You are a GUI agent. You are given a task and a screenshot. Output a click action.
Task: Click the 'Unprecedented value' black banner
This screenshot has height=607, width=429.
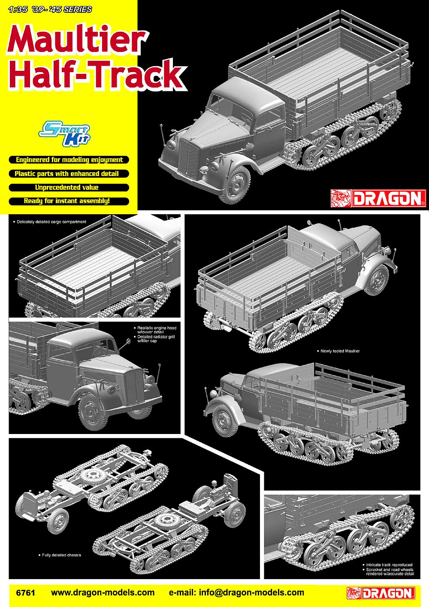coord(69,188)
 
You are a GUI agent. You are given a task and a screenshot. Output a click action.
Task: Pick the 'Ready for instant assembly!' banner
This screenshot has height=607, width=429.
coord(69,201)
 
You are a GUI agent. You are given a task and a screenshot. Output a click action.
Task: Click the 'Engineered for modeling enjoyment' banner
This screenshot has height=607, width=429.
coord(69,160)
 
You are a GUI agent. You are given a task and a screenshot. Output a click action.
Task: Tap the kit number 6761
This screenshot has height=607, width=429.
coord(26,592)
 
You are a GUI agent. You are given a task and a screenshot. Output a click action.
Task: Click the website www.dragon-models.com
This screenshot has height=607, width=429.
coord(103,592)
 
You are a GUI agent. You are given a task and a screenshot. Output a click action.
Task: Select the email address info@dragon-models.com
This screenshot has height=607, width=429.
coord(251,592)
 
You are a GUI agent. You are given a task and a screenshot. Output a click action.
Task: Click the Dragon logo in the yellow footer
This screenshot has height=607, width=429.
coord(381,593)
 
